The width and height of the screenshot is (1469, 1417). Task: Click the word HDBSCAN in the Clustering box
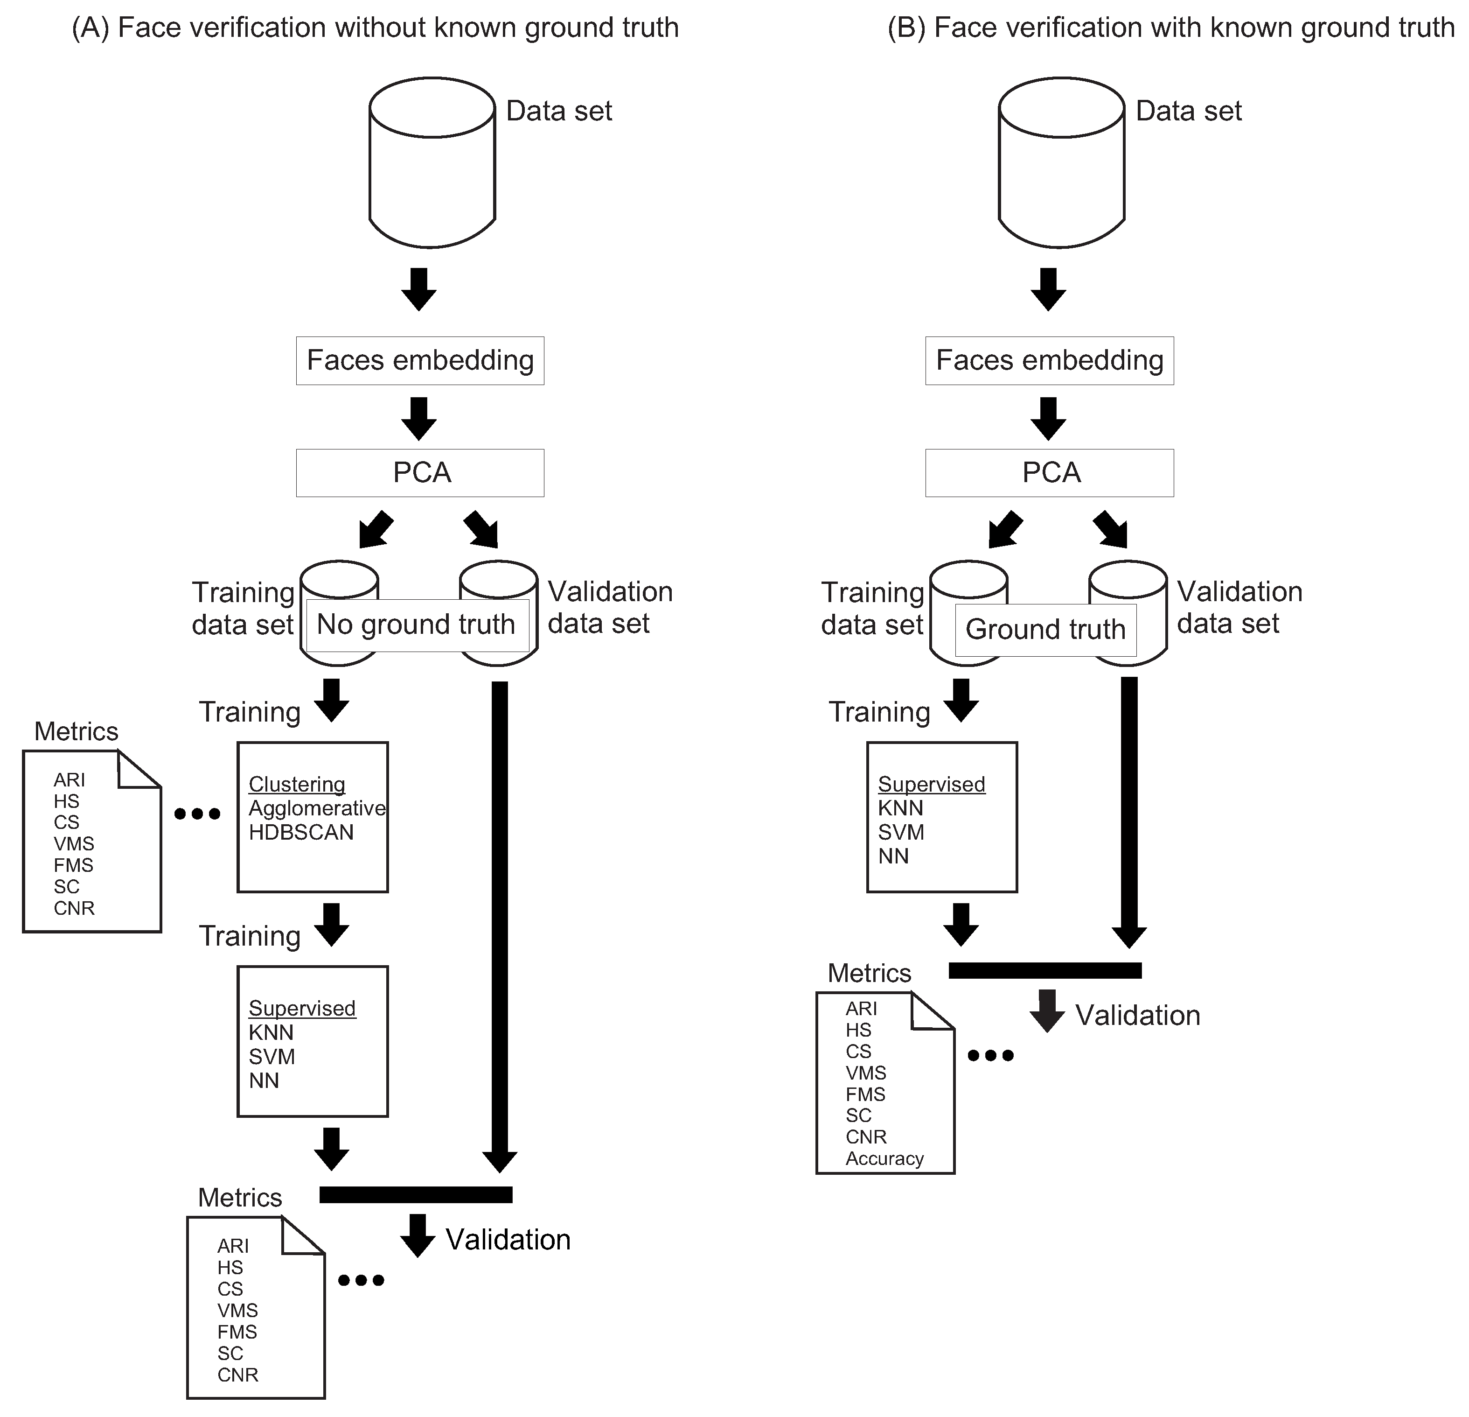tap(301, 832)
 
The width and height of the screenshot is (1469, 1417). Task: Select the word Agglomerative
tap(317, 808)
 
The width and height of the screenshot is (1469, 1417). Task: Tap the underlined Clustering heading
tap(297, 784)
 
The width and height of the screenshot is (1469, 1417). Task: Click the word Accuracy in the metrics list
tap(884, 1158)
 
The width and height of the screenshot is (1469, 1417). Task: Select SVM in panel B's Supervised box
tap(901, 832)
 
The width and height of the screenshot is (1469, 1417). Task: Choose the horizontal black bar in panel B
tap(1045, 970)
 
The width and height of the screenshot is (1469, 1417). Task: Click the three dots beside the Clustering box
tap(197, 814)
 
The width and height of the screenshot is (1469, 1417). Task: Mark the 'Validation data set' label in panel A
tap(610, 607)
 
